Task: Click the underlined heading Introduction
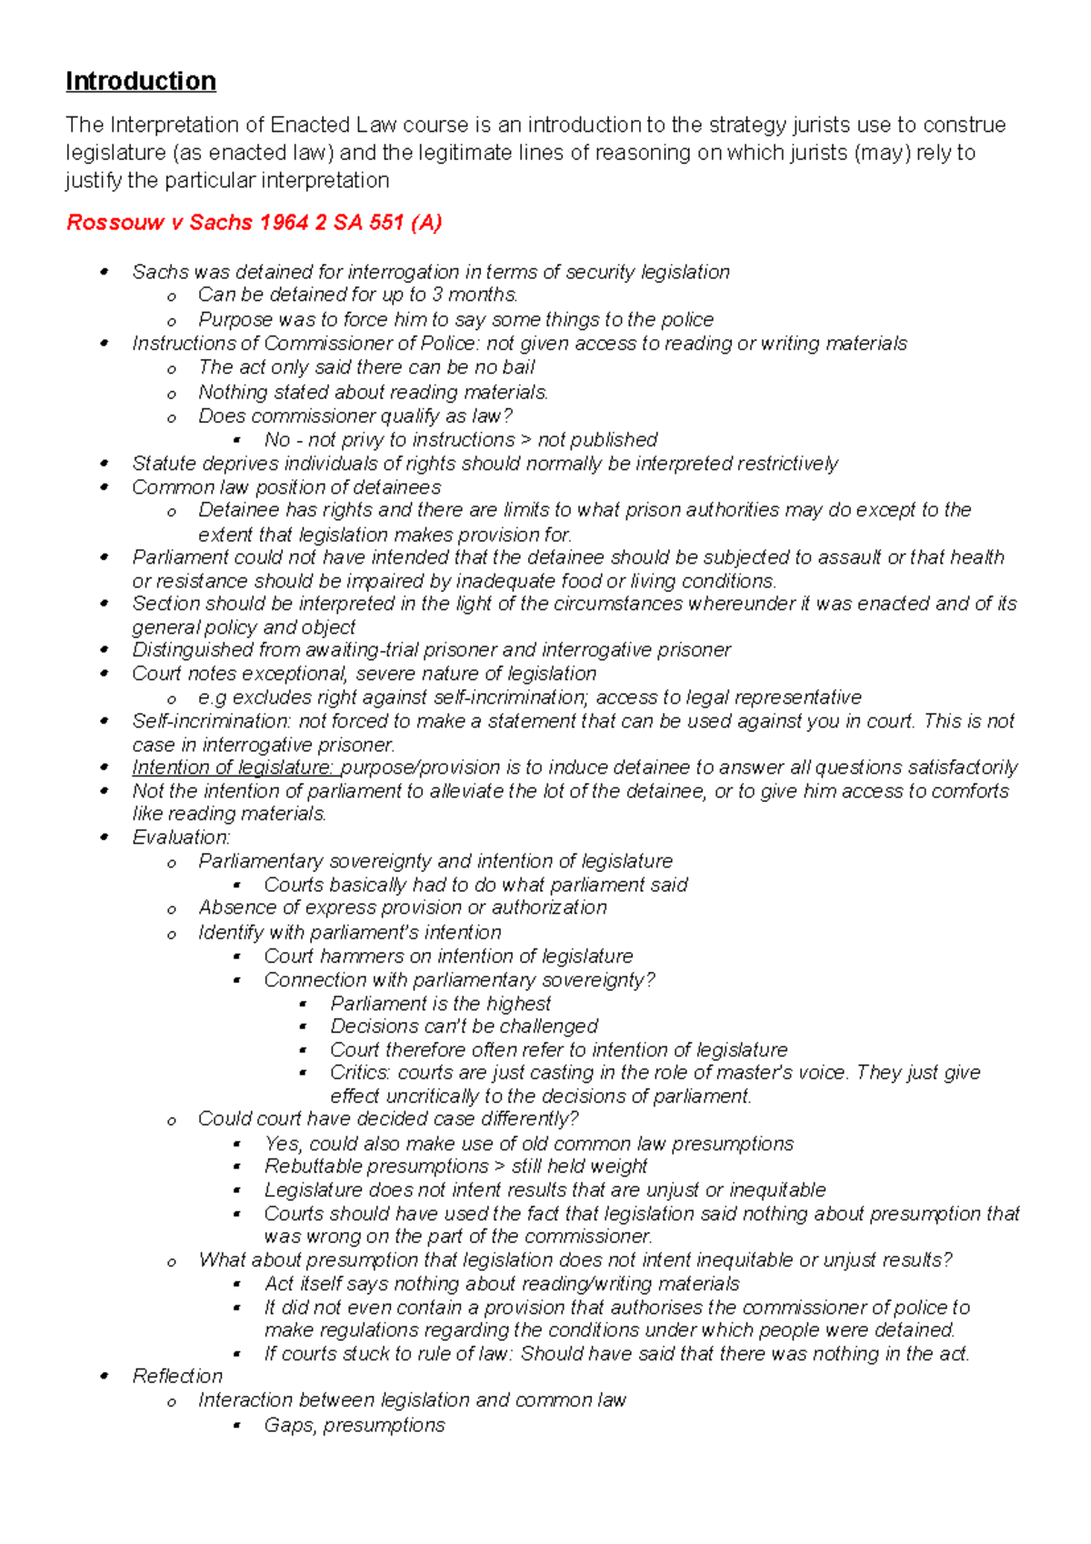(x=141, y=82)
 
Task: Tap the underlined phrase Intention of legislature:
(x=233, y=767)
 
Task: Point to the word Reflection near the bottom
(x=177, y=1377)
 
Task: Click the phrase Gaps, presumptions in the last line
(x=355, y=1425)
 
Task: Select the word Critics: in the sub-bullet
(x=360, y=1073)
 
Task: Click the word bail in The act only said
(x=518, y=367)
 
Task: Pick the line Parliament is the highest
(x=441, y=1004)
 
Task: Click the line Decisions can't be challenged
(x=464, y=1027)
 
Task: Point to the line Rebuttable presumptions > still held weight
(x=455, y=1167)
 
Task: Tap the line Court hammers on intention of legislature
(x=448, y=957)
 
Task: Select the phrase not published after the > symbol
(x=597, y=440)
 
